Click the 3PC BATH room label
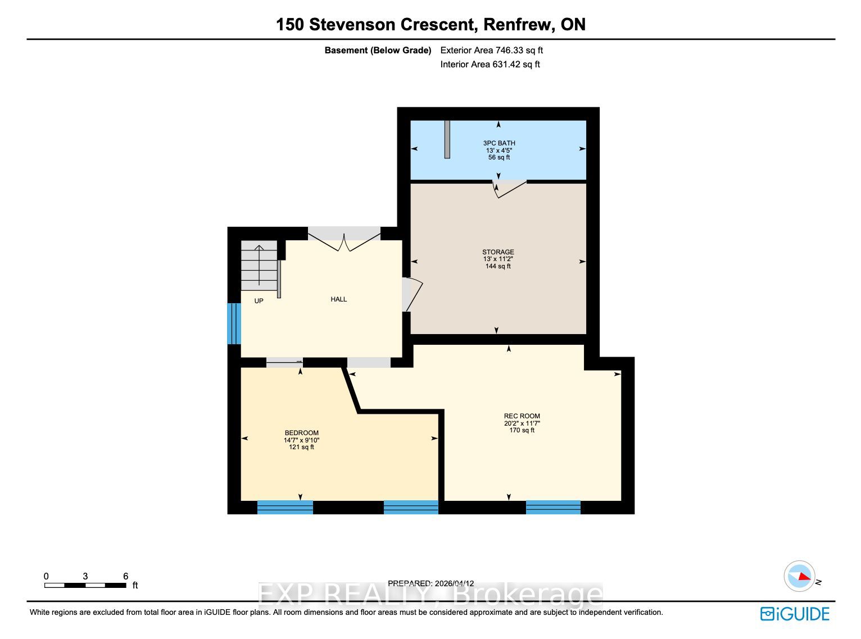tap(499, 143)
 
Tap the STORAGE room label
tap(498, 252)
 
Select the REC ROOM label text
tap(522, 416)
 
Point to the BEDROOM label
tap(302, 432)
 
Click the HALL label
tap(338, 299)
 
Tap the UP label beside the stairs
tap(259, 301)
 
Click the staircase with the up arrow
tap(259, 266)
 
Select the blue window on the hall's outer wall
tap(234, 323)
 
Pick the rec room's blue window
tap(553, 508)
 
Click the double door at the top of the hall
tap(344, 239)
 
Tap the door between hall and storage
tap(411, 294)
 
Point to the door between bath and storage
tap(510, 189)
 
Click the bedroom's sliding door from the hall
tap(284, 362)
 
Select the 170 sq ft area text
tap(522, 430)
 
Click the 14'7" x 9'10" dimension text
tap(302, 440)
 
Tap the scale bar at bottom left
tap(85, 586)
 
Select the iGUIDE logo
tap(795, 614)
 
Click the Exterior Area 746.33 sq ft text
tap(491, 51)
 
